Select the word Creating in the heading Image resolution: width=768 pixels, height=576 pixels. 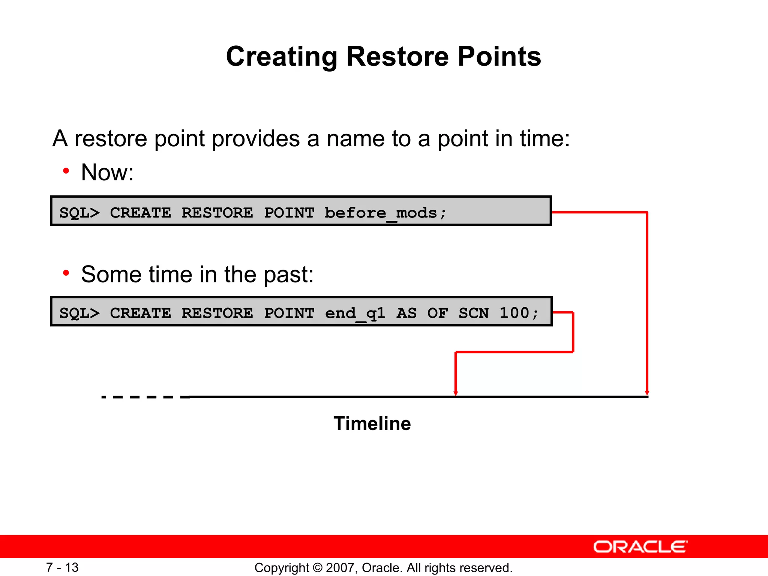[282, 57]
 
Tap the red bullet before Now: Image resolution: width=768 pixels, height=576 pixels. [66, 171]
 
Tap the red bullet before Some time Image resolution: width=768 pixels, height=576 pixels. [66, 273]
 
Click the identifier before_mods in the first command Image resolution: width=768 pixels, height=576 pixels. [381, 213]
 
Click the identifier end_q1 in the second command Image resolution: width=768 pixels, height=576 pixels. [355, 313]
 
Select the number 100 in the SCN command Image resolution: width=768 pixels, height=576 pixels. [514, 313]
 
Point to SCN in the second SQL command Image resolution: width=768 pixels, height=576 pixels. [474, 313]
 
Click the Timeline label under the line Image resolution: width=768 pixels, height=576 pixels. [372, 423]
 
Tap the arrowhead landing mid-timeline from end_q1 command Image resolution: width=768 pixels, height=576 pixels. [456, 393]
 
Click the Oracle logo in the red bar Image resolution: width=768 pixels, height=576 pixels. [640, 547]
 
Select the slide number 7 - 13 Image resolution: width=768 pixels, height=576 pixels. [62, 567]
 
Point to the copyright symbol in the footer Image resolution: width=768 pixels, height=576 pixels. [317, 568]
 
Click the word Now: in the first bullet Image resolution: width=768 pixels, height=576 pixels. [107, 172]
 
